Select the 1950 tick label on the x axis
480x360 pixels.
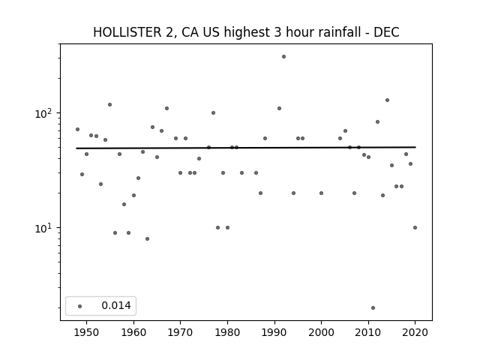coord(87,332)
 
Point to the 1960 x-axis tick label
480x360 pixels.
coord(133,332)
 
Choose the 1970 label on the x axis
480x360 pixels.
coord(181,332)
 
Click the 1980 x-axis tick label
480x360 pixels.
coord(227,332)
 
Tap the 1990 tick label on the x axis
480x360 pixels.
coord(274,332)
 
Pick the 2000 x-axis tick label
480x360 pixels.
coord(321,332)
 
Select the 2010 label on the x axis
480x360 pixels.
coord(368,332)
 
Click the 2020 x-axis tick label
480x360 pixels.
coord(415,332)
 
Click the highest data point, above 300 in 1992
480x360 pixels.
coord(283,56)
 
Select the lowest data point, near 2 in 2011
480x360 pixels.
coord(373,307)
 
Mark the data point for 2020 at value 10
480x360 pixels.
coord(415,227)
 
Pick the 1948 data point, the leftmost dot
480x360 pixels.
coord(77,129)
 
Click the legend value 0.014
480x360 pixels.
coord(116,305)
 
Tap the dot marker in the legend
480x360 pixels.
coord(80,305)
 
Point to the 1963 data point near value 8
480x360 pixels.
coord(148,238)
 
